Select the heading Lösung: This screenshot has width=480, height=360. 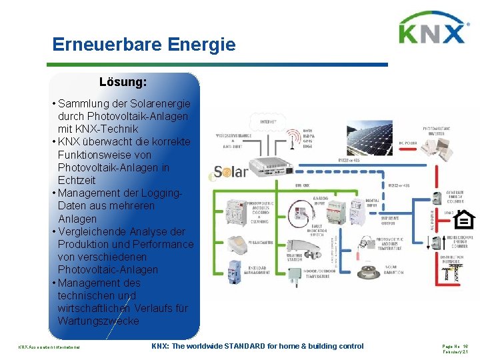123,83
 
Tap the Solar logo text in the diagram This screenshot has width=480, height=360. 230,171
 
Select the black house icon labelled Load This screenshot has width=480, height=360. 464,219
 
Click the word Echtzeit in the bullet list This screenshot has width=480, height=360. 77,180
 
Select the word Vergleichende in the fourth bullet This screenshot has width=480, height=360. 96,231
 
